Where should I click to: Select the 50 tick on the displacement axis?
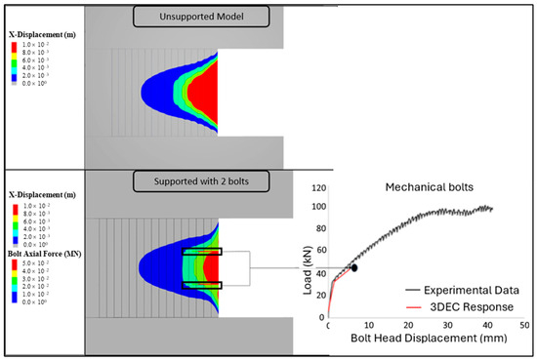(524, 324)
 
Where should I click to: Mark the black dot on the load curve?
(354, 266)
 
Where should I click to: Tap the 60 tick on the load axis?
(319, 251)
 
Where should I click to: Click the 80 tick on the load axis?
(319, 229)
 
